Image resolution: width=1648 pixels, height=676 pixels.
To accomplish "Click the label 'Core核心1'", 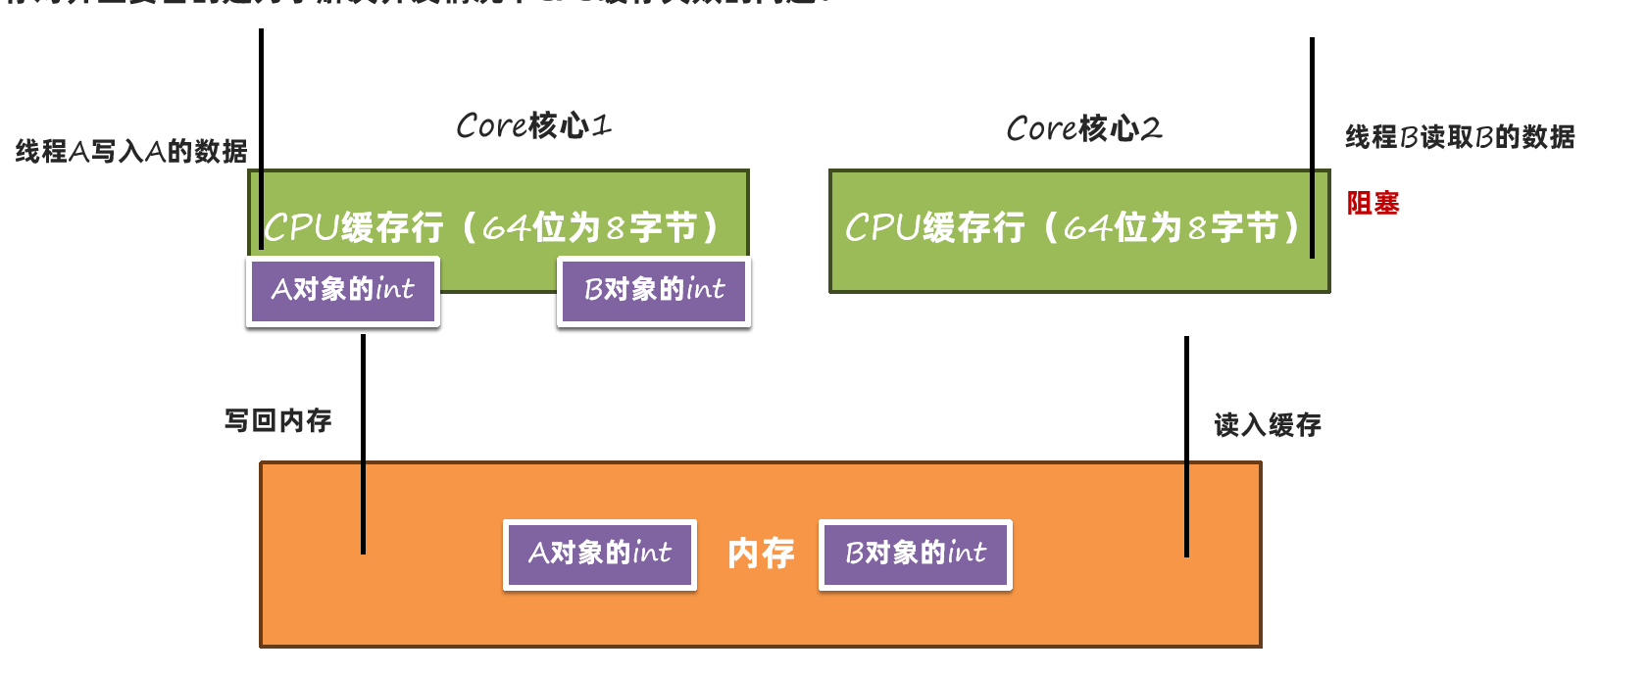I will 533,125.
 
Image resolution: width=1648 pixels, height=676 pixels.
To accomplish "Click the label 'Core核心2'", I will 1083,128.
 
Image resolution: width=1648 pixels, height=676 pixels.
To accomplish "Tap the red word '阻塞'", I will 1373,203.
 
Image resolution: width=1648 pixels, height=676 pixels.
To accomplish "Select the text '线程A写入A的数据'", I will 131,151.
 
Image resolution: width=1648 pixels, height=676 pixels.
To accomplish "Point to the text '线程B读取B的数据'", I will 1460,137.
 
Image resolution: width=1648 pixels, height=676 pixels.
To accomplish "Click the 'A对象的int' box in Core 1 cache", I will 343,290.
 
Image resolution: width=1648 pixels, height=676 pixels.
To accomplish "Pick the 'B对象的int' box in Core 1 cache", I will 654,290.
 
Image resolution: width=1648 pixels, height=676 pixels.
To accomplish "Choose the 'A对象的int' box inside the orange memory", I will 600,554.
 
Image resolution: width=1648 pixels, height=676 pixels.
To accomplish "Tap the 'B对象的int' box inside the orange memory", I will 916,554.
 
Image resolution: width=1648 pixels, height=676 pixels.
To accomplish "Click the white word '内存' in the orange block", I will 761,554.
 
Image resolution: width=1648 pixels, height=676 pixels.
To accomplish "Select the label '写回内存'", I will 278,420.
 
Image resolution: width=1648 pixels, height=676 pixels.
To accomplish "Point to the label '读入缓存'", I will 1268,424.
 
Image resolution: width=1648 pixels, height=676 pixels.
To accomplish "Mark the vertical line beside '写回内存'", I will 363,446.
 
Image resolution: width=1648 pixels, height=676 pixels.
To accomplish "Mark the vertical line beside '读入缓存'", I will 1186,446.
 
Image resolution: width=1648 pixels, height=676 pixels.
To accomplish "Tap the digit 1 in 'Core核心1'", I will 601,125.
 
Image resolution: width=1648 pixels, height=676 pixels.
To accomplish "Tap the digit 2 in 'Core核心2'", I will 1152,128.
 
